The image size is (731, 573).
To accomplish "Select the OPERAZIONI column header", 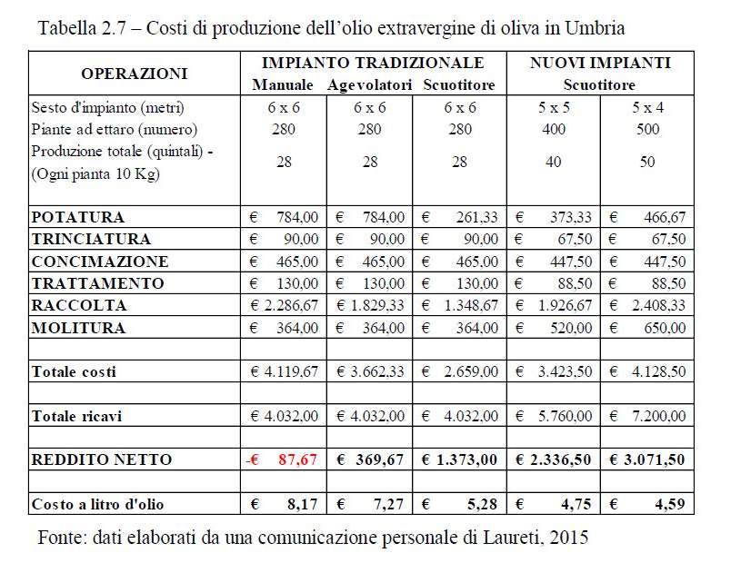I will pos(134,74).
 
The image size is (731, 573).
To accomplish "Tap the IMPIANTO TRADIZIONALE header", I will pos(373,64).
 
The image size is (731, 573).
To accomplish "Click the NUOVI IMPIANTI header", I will pos(601,64).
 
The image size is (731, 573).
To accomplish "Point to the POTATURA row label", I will pos(78,218).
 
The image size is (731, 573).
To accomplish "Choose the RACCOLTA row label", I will pos(79,305).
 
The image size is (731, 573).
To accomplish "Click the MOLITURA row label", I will pos(78,327).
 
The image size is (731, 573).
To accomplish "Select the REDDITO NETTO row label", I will pos(102,459).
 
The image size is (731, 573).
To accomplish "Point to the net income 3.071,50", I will pos(654,459).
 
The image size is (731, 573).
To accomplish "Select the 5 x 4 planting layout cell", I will pos(647,107).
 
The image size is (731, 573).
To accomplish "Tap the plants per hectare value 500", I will pos(647,129).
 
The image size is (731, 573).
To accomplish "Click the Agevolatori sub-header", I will pos(368,85).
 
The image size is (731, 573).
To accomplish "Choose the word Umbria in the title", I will pos(595,27).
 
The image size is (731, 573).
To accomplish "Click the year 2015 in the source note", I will pos(570,537).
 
